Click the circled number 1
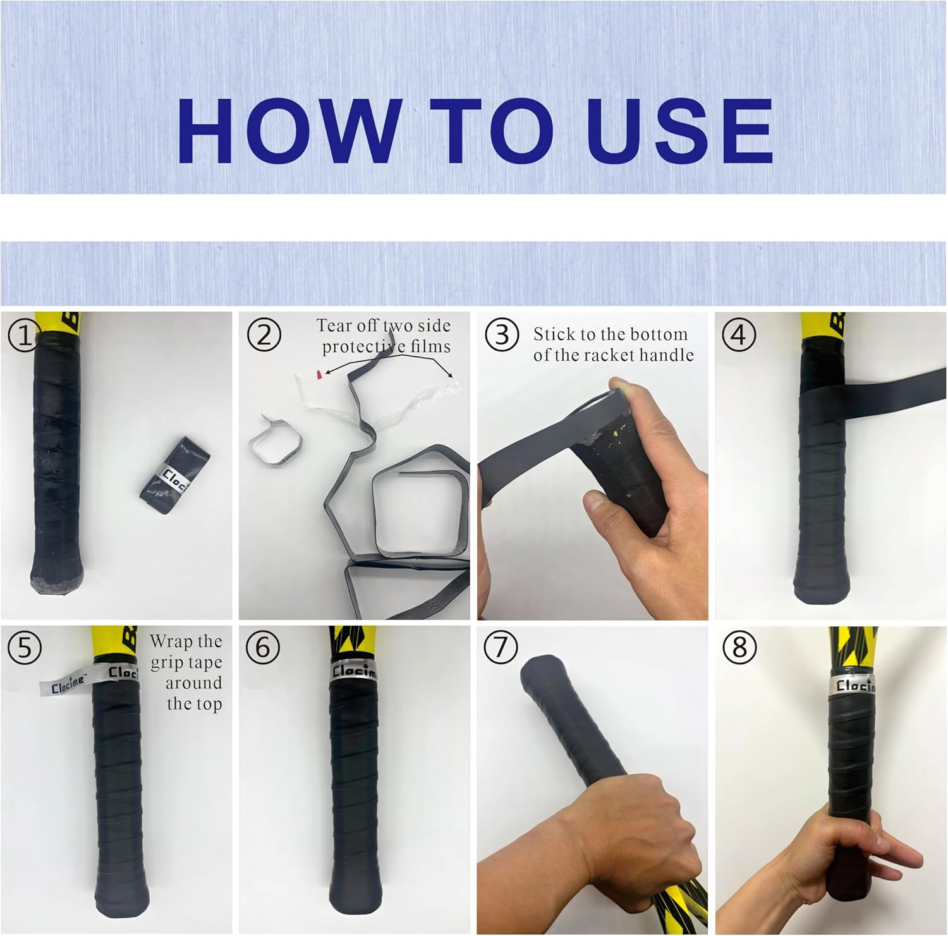click(24, 336)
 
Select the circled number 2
click(264, 335)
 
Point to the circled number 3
click(502, 335)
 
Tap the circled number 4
click(739, 335)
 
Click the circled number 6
click(263, 648)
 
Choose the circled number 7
click(501, 648)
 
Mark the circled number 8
click(739, 648)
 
